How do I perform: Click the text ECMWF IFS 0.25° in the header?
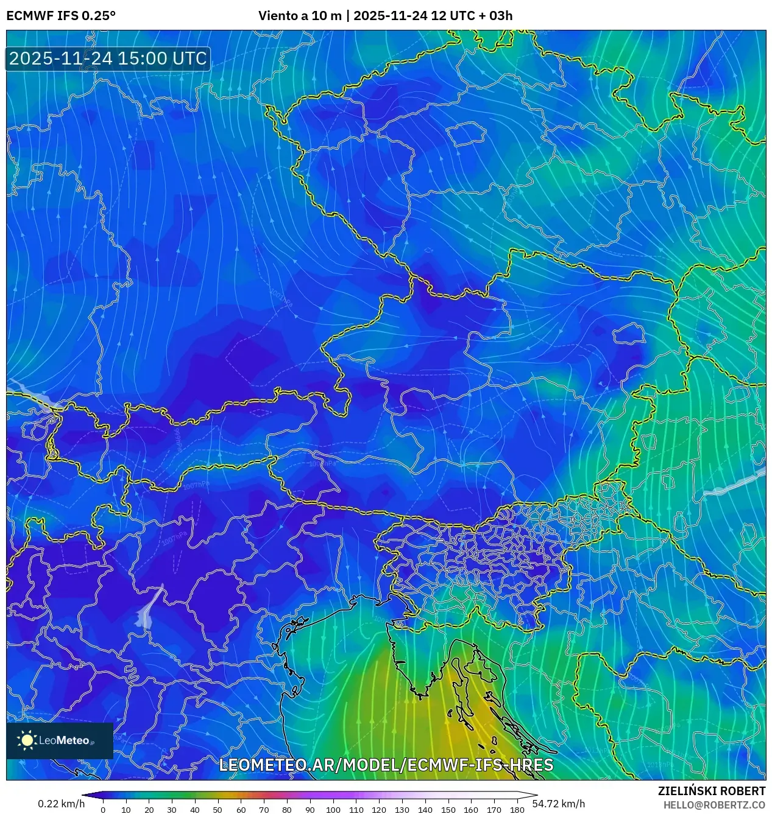(x=61, y=16)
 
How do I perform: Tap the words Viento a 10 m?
(x=300, y=16)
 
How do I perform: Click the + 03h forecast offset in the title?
(x=495, y=16)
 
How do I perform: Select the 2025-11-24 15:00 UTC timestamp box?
(x=108, y=59)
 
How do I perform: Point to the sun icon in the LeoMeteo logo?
(x=27, y=740)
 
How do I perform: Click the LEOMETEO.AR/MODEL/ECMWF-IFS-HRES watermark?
(x=386, y=765)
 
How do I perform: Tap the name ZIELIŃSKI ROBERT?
(x=711, y=791)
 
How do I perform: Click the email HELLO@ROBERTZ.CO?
(x=714, y=805)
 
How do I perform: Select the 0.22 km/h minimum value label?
(x=62, y=804)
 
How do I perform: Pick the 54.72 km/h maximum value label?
(x=558, y=804)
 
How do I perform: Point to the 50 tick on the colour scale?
(x=218, y=810)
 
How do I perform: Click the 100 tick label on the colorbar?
(x=333, y=810)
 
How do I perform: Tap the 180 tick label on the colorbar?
(x=517, y=810)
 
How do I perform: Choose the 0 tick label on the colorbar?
(x=102, y=810)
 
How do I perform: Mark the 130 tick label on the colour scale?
(x=402, y=810)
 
